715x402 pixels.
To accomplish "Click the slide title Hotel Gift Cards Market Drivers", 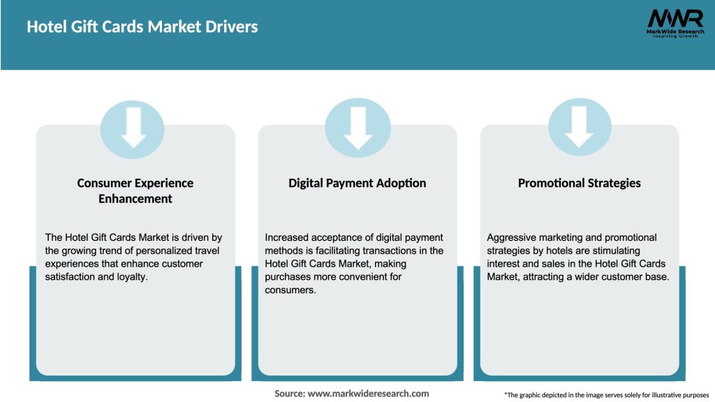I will coord(142,27).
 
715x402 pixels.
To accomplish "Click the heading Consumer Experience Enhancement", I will coord(135,191).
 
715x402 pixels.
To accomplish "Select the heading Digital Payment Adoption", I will coord(357,183).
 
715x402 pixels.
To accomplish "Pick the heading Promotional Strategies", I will coord(580,183).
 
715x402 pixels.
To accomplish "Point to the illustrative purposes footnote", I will coord(606,395).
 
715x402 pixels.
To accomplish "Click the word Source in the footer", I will coord(290,394).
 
